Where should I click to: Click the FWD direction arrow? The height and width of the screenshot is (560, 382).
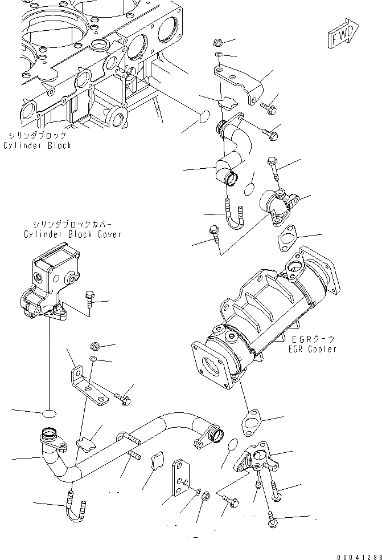tap(343, 35)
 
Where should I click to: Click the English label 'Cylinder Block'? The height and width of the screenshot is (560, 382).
tap(37, 145)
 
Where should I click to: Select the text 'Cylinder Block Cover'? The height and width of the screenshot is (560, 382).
tap(72, 234)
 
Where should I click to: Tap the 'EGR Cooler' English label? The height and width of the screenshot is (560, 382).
tap(312, 349)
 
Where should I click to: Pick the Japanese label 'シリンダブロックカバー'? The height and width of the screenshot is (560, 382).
tap(72, 225)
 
